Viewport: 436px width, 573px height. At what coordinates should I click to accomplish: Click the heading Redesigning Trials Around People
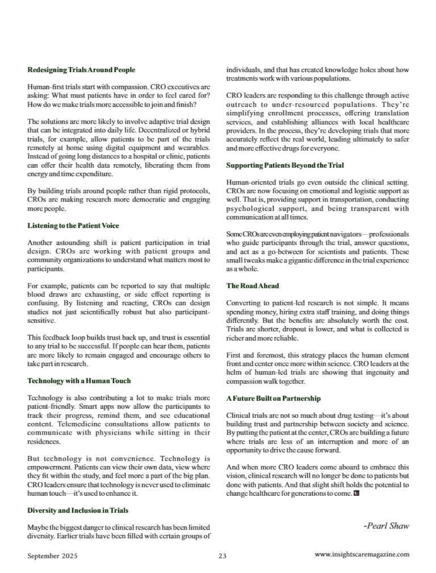pos(81,70)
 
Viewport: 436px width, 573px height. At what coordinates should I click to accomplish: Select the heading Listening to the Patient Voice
pos(73,226)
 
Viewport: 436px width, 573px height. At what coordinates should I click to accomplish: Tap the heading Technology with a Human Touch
pos(79,381)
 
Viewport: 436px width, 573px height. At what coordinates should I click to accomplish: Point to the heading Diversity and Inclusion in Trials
pos(78,510)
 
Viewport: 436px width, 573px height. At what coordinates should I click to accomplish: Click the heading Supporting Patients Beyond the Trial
pos(285,165)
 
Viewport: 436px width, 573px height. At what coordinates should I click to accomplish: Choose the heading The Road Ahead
pos(252,286)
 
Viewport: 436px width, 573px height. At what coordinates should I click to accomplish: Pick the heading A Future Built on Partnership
pos(273,398)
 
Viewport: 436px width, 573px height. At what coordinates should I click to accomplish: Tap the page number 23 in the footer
pos(222,556)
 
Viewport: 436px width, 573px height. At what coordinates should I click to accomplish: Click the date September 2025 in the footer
pos(52,556)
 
